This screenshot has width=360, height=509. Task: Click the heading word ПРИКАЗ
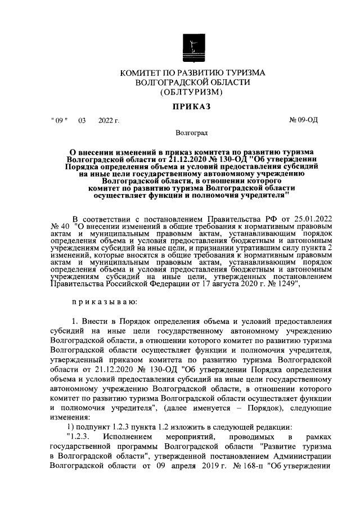(192, 106)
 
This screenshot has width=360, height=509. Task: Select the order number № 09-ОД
(303, 120)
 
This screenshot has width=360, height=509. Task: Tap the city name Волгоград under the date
(192, 133)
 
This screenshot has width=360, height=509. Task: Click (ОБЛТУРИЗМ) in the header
(192, 92)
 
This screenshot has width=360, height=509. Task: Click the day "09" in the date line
(58, 120)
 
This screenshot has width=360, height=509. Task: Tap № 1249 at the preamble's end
(290, 285)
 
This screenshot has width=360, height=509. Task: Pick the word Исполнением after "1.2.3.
(128, 436)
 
